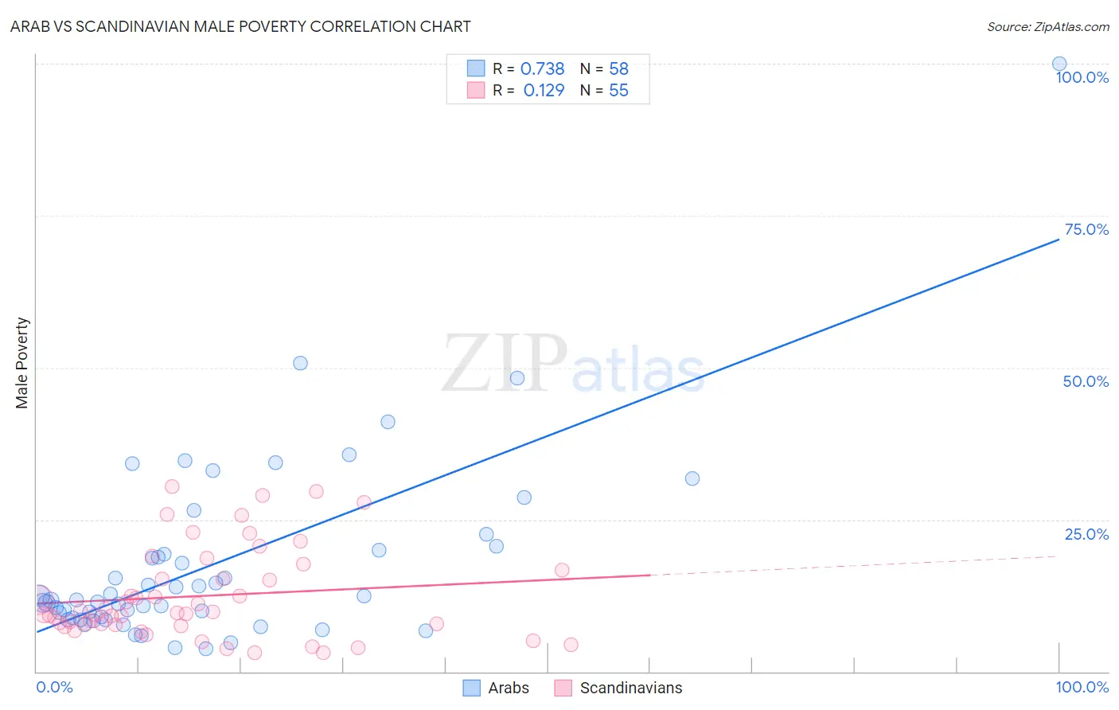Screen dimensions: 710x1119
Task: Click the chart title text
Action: pyautogui.click(x=240, y=26)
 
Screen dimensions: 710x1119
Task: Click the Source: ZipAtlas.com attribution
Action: pyautogui.click(x=1047, y=27)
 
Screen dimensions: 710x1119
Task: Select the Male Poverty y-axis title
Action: pyautogui.click(x=21, y=363)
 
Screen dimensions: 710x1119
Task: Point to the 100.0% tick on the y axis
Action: pyautogui.click(x=1082, y=77)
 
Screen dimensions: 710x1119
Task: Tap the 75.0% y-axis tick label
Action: pyautogui.click(x=1086, y=229)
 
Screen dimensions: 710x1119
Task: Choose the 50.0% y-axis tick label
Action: pyautogui.click(x=1086, y=381)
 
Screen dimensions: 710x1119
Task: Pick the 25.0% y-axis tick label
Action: pyautogui.click(x=1086, y=534)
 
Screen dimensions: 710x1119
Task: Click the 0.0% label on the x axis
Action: pyautogui.click(x=54, y=687)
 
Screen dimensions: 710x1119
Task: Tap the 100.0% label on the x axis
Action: pyautogui.click(x=1082, y=687)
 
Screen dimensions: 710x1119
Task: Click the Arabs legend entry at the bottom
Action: pyautogui.click(x=497, y=688)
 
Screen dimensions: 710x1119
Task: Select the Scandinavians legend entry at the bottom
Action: pyautogui.click(x=619, y=688)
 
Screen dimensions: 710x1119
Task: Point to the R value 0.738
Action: pyautogui.click(x=542, y=69)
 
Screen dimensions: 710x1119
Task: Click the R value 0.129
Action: pyautogui.click(x=544, y=91)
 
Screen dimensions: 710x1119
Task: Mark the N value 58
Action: pyautogui.click(x=618, y=69)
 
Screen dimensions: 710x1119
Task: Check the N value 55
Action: pyautogui.click(x=618, y=91)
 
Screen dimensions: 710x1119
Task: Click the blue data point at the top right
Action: pyautogui.click(x=1059, y=64)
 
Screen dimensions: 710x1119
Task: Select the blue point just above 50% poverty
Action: pyautogui.click(x=300, y=363)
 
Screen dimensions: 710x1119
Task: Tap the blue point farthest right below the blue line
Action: pyautogui.click(x=692, y=478)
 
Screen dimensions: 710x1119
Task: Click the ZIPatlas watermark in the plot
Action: pyautogui.click(x=573, y=364)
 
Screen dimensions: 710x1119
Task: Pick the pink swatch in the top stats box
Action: pyautogui.click(x=475, y=90)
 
